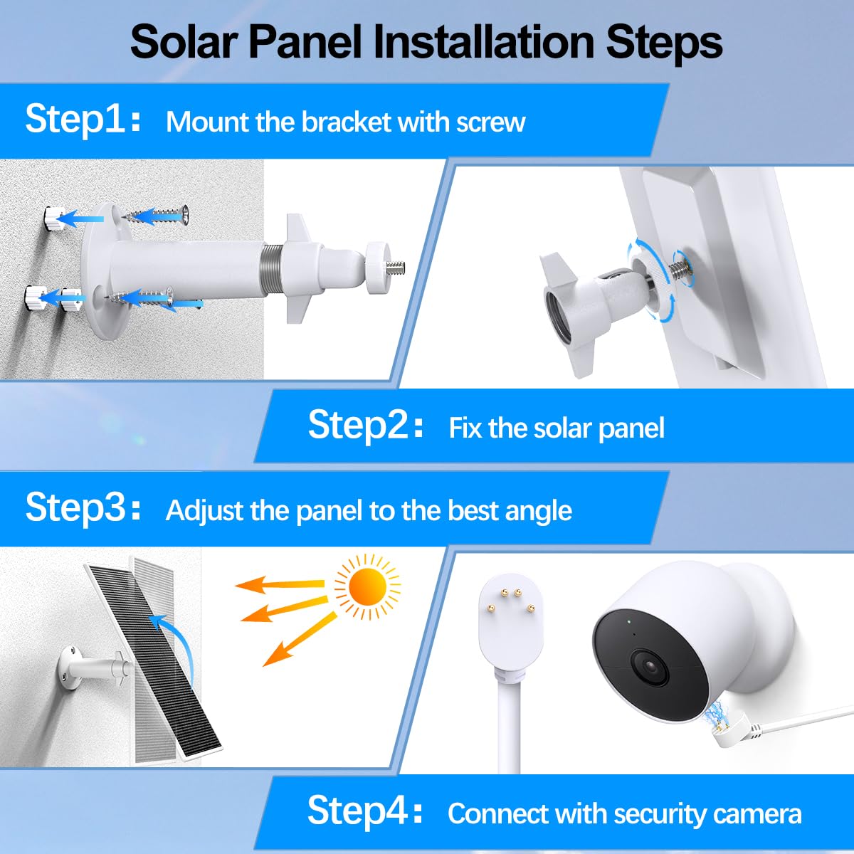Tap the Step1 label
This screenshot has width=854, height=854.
[x=83, y=120]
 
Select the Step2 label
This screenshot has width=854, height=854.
[x=365, y=425]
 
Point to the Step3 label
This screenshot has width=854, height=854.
[x=83, y=508]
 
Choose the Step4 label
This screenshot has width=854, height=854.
[x=365, y=811]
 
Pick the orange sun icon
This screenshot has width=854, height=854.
[x=367, y=586]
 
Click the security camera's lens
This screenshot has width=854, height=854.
[x=650, y=668]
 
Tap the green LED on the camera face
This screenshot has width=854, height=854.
[x=629, y=622]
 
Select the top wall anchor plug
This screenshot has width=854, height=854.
[x=54, y=218]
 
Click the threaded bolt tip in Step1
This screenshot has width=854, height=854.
[x=395, y=268]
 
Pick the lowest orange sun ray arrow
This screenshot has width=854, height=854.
[x=299, y=640]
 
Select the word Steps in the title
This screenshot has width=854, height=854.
[x=664, y=43]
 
